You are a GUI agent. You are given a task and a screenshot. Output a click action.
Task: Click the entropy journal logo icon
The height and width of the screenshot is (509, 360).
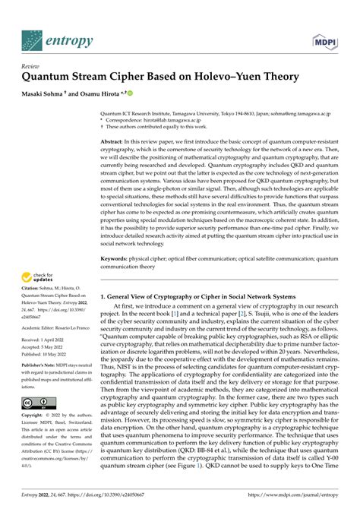tap(35, 37)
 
